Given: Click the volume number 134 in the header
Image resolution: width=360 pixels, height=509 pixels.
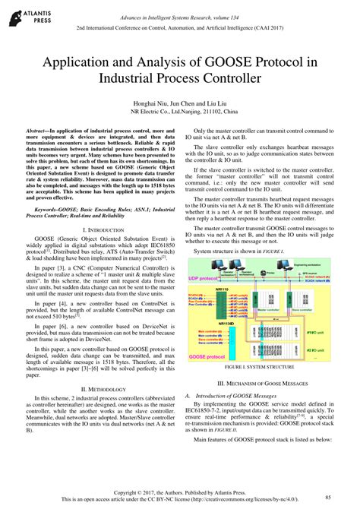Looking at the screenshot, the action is [x=273, y=8].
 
